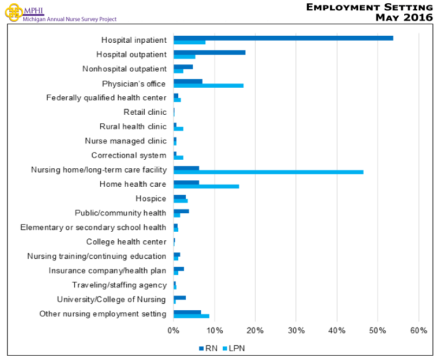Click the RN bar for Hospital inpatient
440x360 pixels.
point(283,38)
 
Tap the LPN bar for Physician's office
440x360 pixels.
point(208,86)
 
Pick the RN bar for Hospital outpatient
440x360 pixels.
point(209,53)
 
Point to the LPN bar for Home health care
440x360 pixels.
point(206,186)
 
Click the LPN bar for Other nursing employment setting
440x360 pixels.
point(191,316)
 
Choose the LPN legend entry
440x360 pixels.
point(230,348)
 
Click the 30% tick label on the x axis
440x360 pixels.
point(296,330)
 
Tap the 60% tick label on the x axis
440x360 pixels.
point(418,330)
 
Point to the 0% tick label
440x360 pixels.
point(173,330)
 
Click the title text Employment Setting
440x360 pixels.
point(369,7)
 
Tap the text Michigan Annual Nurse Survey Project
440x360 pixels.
point(70,19)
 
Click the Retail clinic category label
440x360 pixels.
point(145,112)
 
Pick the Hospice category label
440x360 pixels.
point(151,199)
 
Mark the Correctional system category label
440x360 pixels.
point(129,155)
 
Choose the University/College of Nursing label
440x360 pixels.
point(112,299)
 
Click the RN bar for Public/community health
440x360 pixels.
point(181,211)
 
